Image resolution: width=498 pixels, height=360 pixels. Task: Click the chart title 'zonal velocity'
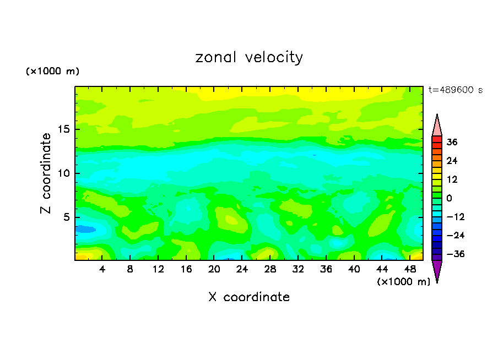[249, 57]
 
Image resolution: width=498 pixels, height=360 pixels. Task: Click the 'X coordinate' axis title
[249, 297]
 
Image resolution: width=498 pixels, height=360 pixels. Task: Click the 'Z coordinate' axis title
[46, 173]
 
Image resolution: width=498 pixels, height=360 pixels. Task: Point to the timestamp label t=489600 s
[455, 90]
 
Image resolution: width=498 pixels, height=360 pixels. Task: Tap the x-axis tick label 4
[102, 270]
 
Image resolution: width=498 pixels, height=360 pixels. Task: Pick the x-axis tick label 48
[410, 270]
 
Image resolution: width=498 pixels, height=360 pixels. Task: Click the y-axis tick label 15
[64, 129]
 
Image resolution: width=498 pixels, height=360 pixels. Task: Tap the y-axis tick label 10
[64, 173]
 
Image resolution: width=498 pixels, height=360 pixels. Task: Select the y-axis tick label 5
[67, 217]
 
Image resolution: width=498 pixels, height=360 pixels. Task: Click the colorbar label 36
[452, 142]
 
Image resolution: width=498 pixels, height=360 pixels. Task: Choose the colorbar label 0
[449, 198]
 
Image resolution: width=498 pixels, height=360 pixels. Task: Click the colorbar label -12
[451, 217]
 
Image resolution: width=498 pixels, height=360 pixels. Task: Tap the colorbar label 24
[452, 161]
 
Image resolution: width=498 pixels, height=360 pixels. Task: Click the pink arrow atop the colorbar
[437, 126]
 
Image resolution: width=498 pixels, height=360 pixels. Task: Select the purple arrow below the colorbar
[437, 270]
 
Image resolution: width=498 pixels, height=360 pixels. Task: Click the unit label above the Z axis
[53, 72]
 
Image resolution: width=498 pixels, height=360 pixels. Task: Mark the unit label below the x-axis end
[403, 282]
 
